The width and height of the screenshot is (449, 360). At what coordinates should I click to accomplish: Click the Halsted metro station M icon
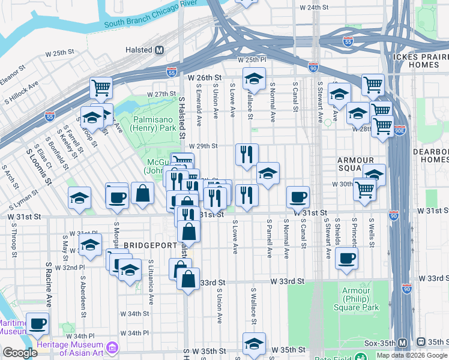(160, 51)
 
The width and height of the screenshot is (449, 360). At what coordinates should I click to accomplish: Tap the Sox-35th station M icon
(403, 342)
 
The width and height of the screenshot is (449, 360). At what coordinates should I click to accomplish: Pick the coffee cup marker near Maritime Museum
(38, 323)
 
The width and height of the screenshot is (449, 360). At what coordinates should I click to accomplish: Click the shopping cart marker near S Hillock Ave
(101, 88)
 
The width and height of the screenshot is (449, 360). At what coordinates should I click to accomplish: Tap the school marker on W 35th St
(254, 344)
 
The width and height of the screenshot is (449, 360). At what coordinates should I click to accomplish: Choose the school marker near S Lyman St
(79, 198)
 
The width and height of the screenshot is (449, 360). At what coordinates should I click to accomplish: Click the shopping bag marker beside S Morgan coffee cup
(142, 194)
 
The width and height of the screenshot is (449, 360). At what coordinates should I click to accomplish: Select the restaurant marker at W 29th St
(247, 154)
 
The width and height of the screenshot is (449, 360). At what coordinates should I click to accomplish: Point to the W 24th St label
(315, 7)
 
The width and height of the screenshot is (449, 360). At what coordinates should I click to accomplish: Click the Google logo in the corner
(20, 353)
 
